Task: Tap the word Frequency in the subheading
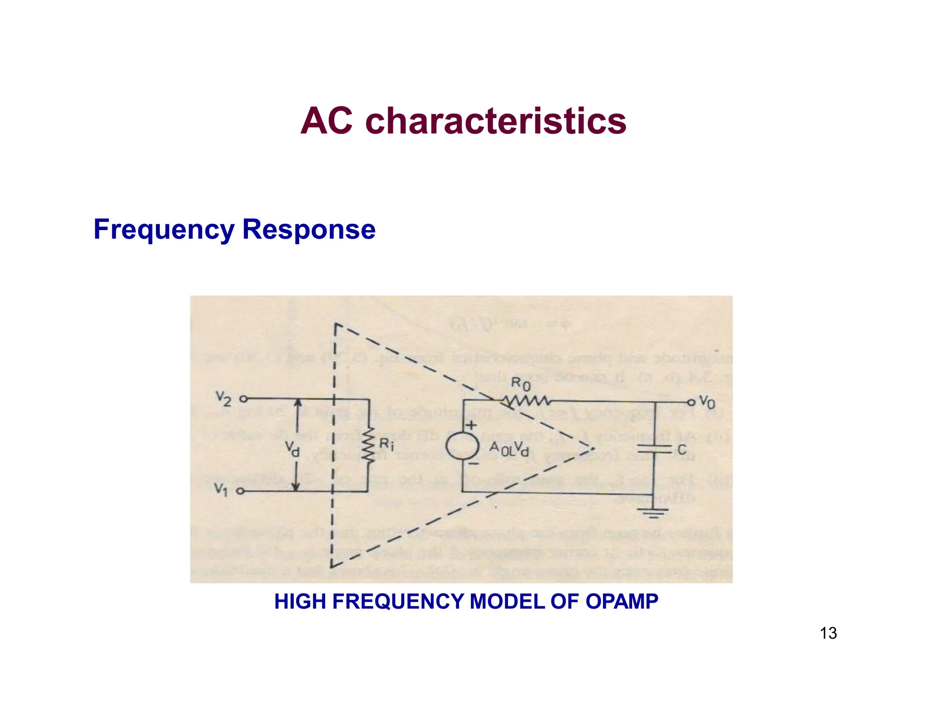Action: click(x=164, y=230)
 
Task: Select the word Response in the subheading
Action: click(x=309, y=229)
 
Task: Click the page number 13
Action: click(x=828, y=633)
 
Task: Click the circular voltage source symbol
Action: click(x=462, y=446)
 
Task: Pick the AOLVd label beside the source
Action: click(x=509, y=449)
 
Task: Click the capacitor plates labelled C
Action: click(x=654, y=449)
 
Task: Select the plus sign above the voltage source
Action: click(x=471, y=425)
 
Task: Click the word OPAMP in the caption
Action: click(x=622, y=601)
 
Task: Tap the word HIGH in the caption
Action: click(x=300, y=601)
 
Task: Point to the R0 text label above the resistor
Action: click(x=520, y=384)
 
